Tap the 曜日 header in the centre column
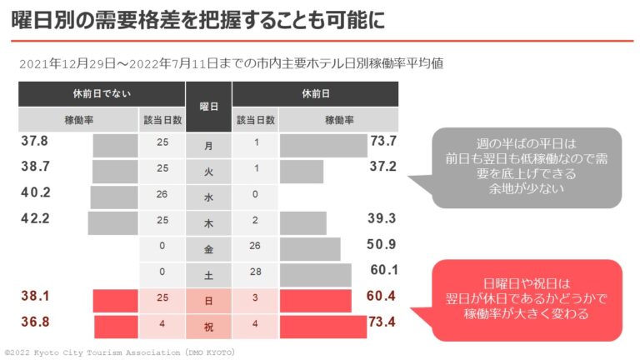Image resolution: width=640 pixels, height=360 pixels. point(208,107)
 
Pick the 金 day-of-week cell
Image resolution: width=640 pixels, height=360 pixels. point(208,249)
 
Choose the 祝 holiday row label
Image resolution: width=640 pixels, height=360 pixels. point(208,326)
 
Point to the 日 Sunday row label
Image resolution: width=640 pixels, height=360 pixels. point(208,301)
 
